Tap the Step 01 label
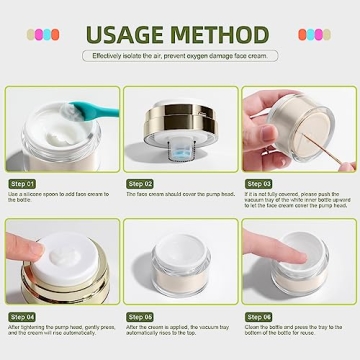click(x=23, y=184)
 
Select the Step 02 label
click(x=141, y=184)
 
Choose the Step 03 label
click(x=258, y=184)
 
